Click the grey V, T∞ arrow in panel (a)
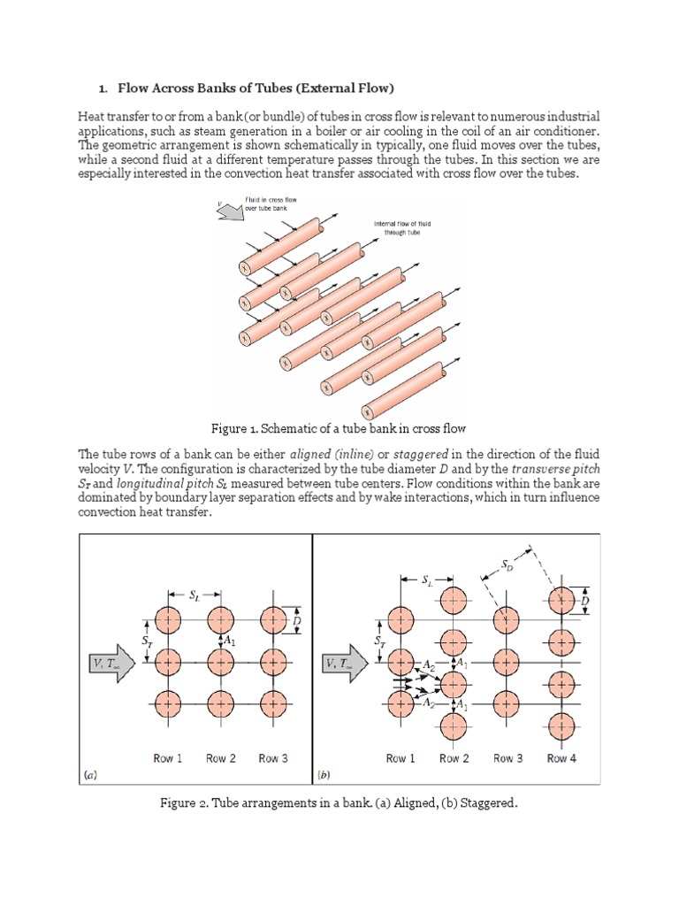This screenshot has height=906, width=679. coord(111,661)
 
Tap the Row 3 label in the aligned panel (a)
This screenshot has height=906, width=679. coord(273,758)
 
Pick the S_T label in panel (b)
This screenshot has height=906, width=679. coord(379,640)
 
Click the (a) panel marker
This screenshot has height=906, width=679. coord(90,774)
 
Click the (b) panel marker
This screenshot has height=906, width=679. coord(324,774)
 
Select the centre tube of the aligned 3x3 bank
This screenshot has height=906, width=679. coord(220,661)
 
